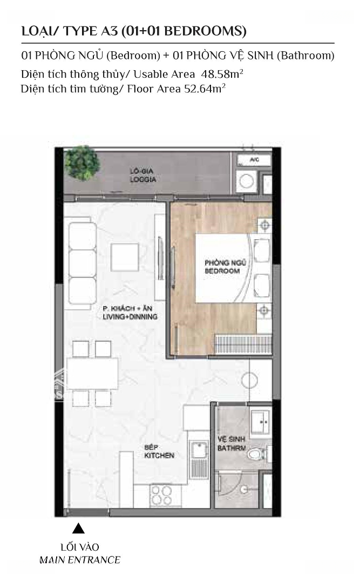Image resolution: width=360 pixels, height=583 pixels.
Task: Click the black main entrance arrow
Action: (x=78, y=528)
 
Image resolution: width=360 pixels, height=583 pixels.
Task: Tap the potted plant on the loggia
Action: (x=82, y=163)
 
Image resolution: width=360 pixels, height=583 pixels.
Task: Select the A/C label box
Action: (x=254, y=160)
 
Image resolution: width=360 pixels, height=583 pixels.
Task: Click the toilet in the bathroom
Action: (x=256, y=454)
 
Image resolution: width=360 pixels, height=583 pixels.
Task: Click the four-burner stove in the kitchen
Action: (x=161, y=495)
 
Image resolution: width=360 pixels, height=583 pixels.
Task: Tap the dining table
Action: (x=93, y=374)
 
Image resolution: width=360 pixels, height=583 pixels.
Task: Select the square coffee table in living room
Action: (x=125, y=257)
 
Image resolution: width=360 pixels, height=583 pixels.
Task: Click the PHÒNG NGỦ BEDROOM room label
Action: (x=226, y=267)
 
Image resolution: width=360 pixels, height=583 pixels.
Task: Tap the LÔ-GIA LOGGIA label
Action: (x=143, y=175)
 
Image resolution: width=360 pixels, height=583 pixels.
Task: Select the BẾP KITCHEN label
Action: (x=159, y=451)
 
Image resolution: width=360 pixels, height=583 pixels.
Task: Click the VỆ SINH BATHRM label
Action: (x=232, y=444)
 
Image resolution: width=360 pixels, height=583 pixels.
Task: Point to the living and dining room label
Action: (x=130, y=313)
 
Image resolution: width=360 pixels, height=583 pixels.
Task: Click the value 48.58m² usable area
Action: (x=222, y=73)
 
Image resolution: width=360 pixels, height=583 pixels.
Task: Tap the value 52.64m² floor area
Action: (x=205, y=89)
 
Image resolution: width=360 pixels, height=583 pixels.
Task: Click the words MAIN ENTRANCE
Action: (x=80, y=560)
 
